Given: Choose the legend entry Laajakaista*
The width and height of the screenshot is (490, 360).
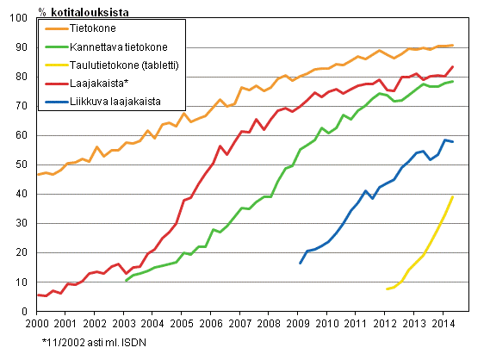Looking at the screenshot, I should (100, 83).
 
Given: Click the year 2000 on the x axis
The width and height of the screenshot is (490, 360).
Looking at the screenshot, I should (36, 323).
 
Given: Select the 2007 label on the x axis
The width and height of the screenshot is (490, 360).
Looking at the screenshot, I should (239, 323).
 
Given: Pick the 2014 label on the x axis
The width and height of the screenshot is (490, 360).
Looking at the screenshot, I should (442, 323).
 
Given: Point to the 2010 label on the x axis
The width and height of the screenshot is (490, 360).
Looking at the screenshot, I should (326, 323).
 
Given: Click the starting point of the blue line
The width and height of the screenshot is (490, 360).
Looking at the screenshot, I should (301, 263).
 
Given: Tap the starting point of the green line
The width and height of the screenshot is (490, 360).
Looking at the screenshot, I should (126, 281).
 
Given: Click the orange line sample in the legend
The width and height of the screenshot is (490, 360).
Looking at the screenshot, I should (56, 28).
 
